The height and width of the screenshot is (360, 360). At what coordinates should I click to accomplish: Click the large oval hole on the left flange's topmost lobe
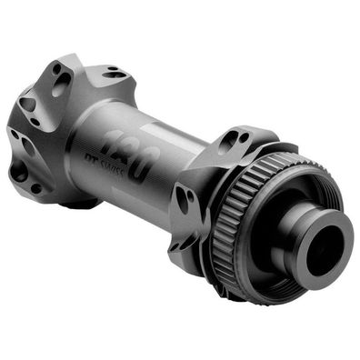62,84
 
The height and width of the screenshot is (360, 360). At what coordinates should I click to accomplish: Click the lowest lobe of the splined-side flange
195,250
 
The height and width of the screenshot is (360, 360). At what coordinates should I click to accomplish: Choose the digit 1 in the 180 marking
110,138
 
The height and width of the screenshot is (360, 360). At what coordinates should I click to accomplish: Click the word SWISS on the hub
126,181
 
